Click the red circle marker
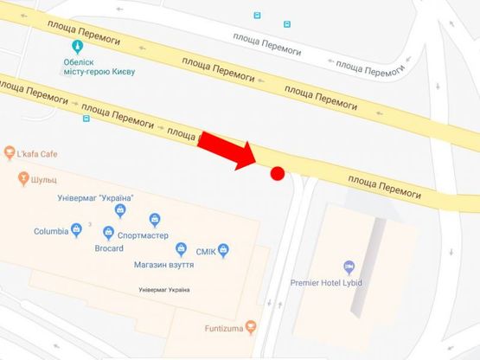pos(278,173)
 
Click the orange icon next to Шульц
pos(23,181)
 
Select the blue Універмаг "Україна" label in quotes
pos(94,198)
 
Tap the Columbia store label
pos(51,231)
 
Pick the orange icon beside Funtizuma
pos(251,327)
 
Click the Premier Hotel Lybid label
pos(350,283)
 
